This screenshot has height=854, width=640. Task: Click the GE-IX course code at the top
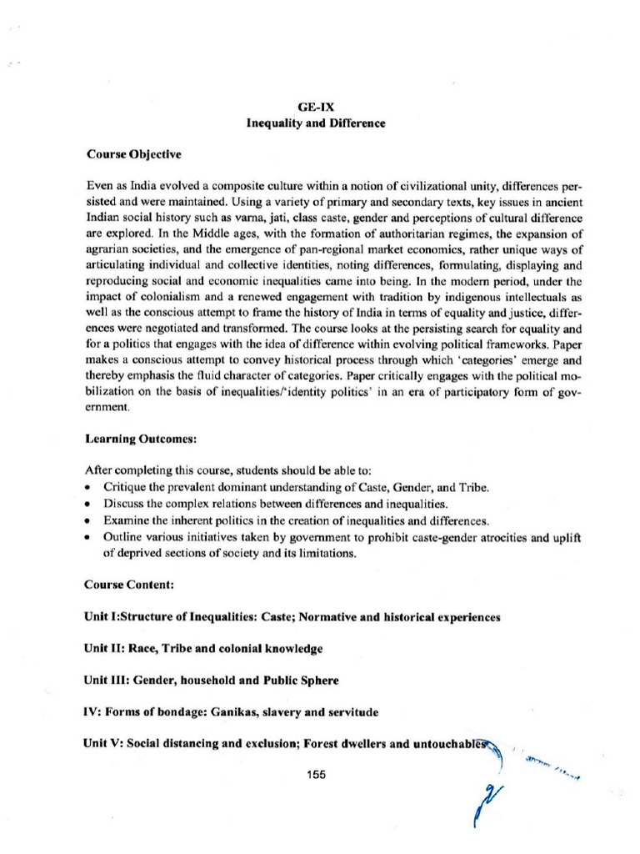[320, 108]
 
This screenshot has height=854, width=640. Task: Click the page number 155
[316, 774]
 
